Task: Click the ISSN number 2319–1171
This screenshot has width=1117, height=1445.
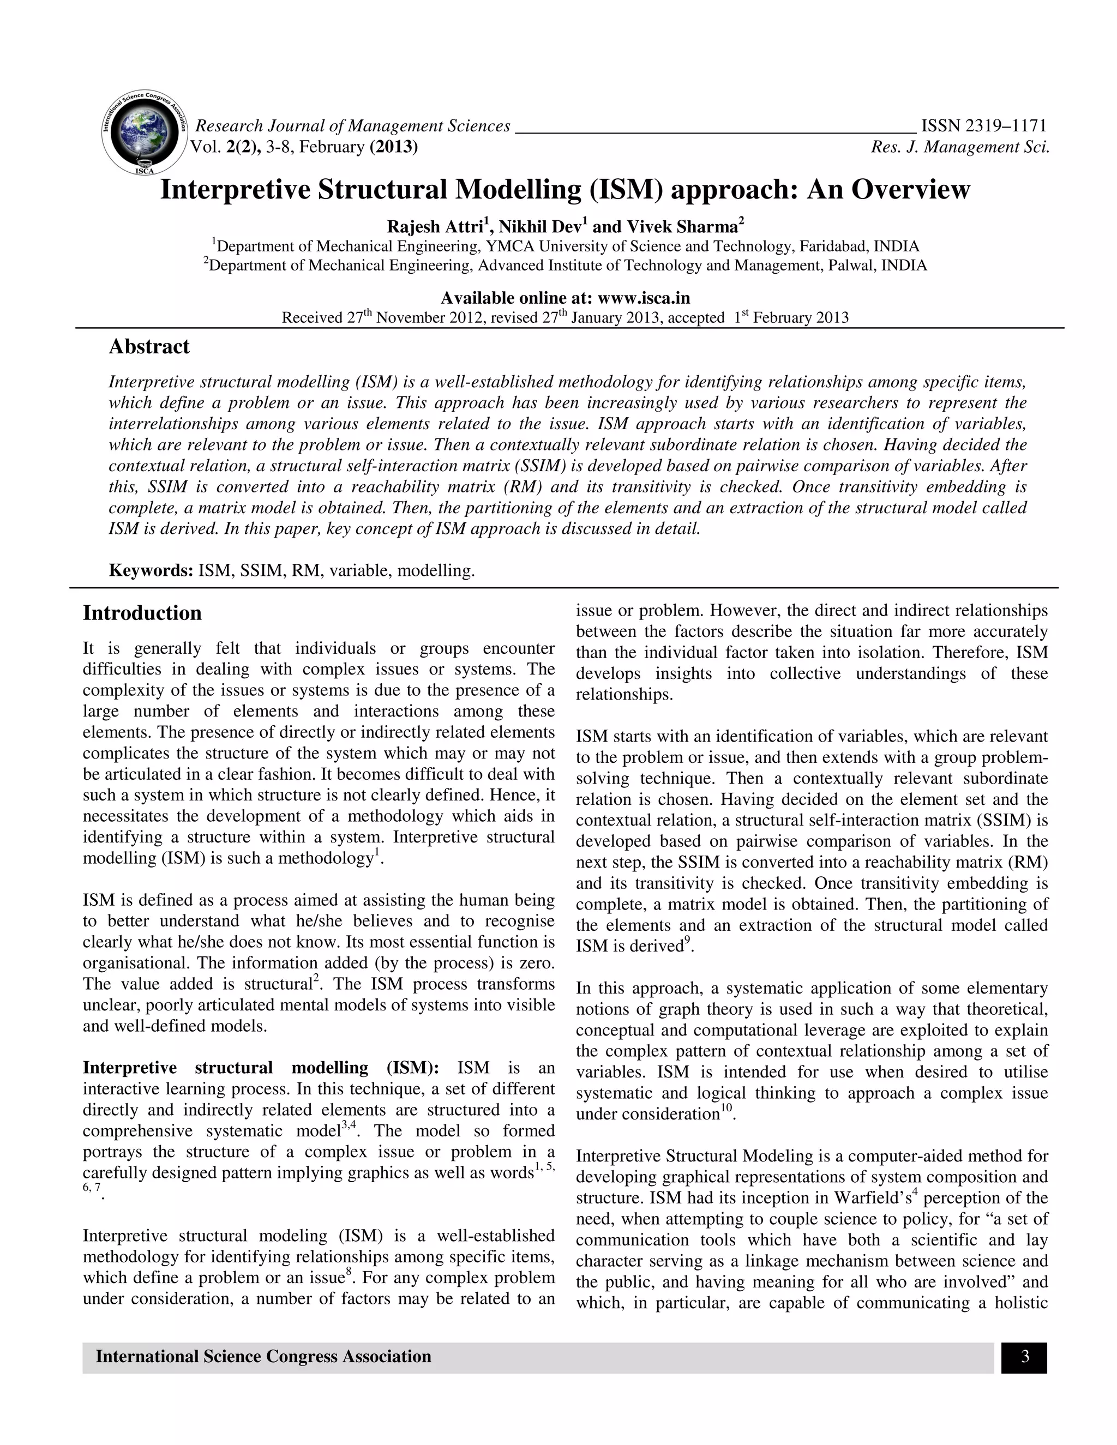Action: tap(983, 126)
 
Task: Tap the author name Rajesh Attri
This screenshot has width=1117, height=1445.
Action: tap(434, 227)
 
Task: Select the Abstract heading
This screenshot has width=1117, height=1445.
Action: tap(149, 347)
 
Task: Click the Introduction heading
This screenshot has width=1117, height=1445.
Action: tap(142, 613)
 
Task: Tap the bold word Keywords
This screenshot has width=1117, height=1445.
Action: tap(151, 570)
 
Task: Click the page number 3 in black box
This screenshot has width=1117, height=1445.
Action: tap(1024, 1358)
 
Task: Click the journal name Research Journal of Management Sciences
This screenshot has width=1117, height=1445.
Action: tap(353, 126)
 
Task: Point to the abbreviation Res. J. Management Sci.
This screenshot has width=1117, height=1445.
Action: tap(960, 147)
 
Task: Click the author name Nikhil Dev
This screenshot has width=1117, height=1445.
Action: tap(539, 227)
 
